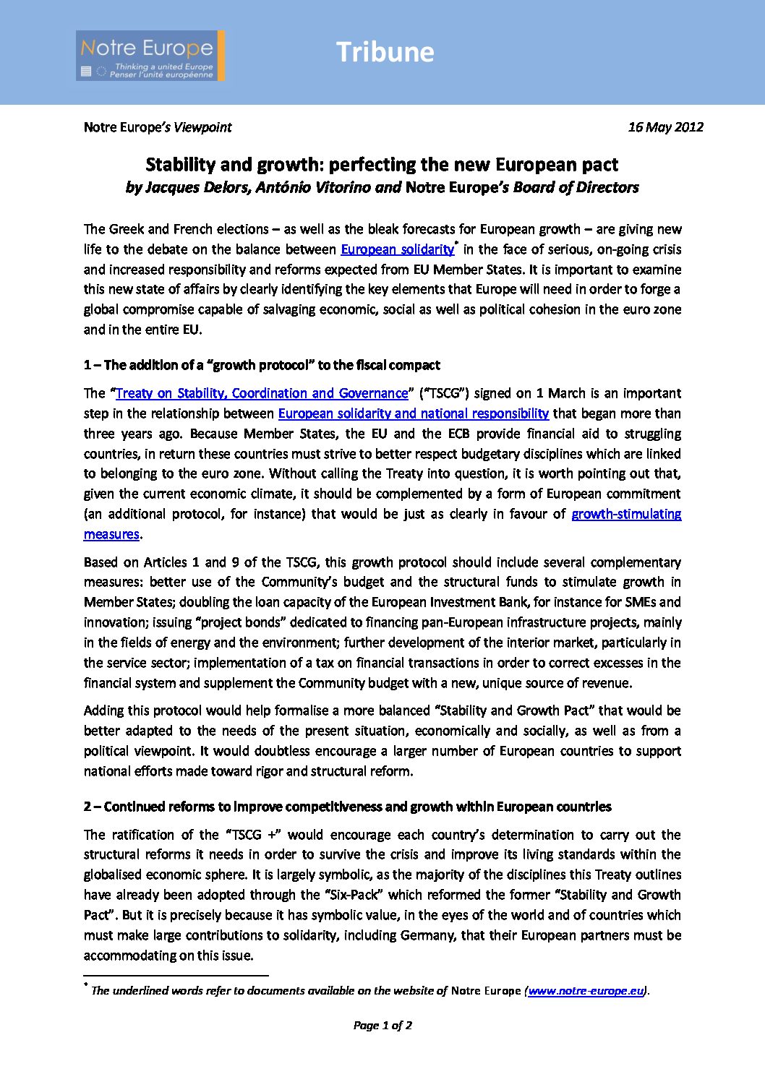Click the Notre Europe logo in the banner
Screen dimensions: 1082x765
click(150, 56)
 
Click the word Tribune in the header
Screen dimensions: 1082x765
click(385, 52)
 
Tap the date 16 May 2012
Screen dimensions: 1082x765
click(665, 127)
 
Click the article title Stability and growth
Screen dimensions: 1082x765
click(382, 165)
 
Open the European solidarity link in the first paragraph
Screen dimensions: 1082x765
click(397, 249)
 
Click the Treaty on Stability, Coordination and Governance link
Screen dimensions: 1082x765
click(262, 393)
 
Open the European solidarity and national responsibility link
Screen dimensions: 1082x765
click(413, 413)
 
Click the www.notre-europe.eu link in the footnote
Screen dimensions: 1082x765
click(586, 991)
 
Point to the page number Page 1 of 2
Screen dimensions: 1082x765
click(382, 1025)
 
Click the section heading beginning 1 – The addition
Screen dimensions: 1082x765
click(262, 365)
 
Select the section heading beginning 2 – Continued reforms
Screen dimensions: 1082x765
click(347, 807)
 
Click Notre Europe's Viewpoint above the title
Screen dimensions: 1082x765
click(158, 127)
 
